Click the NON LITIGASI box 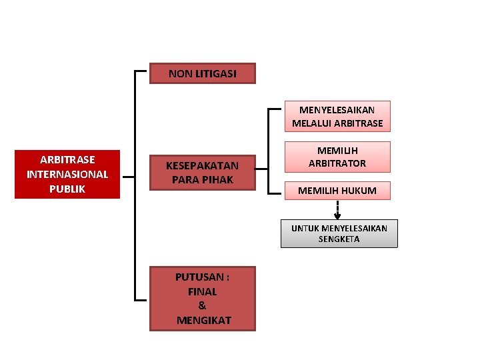(x=202, y=73)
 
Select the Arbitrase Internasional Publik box (x=67, y=174)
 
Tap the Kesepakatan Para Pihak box (x=202, y=172)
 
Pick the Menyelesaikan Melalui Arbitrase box (x=337, y=116)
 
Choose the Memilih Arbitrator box (x=337, y=157)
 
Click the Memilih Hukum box (x=337, y=191)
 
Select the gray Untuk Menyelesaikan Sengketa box (x=339, y=233)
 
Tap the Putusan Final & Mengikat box (x=203, y=298)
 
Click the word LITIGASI (x=215, y=73)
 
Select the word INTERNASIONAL (x=67, y=174)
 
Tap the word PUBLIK (x=67, y=189)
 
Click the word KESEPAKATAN (x=202, y=165)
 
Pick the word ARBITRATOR (x=337, y=163)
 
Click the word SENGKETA (x=339, y=239)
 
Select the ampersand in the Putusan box (x=203, y=305)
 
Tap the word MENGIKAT (x=203, y=320)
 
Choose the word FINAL (x=203, y=291)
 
